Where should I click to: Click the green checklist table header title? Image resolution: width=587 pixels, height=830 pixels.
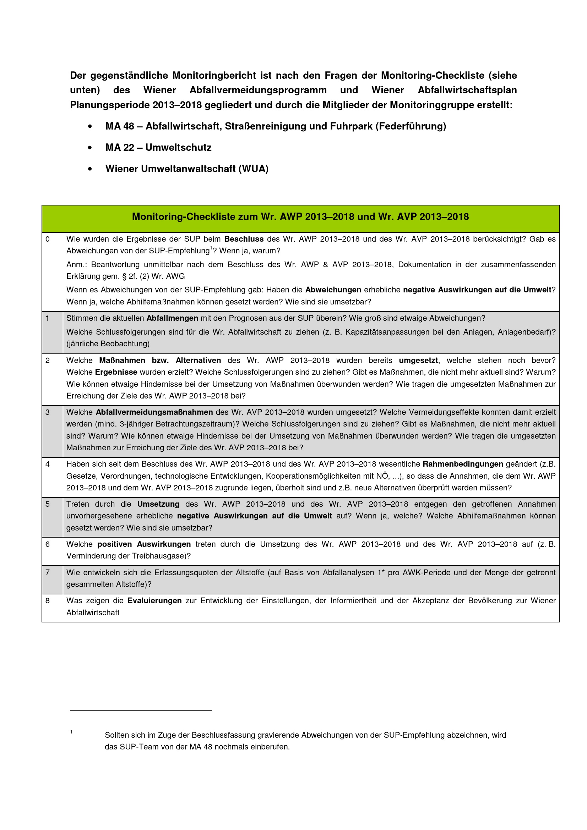[300, 216]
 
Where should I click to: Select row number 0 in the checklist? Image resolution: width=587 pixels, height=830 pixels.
[48, 239]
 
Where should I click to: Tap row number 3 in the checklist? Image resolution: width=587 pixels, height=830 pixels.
[48, 412]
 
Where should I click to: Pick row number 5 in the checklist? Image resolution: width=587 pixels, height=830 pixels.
[48, 504]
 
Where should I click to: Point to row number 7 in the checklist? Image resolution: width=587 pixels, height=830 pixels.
[48, 572]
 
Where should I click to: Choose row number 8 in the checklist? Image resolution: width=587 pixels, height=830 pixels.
[48, 600]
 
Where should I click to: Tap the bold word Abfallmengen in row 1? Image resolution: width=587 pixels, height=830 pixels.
[172, 318]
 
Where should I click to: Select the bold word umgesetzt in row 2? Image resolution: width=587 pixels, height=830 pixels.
[418, 361]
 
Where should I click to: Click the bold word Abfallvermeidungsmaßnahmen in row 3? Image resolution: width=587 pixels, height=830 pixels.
[154, 412]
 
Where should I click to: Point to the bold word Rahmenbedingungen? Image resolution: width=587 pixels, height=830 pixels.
[463, 464]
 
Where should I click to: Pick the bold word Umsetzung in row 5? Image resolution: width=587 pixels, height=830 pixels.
[158, 504]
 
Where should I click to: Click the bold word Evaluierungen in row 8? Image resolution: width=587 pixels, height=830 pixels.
[154, 600]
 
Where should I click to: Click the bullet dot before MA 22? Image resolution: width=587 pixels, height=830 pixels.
[90, 148]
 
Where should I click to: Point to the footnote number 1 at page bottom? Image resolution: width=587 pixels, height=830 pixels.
[71, 732]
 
